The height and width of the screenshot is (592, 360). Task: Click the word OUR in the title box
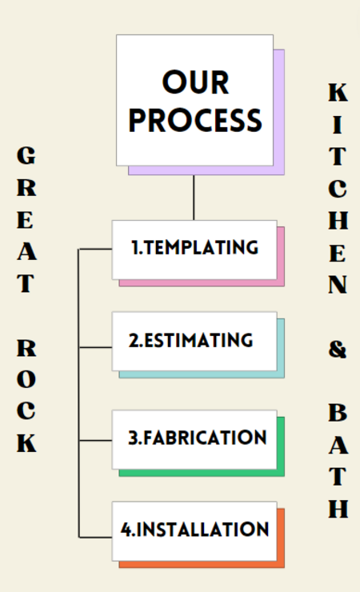(x=195, y=82)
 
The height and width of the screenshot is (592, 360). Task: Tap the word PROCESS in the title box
(x=195, y=121)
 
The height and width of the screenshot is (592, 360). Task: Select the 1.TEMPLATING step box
(x=194, y=250)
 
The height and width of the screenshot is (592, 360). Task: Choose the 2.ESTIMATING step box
(x=194, y=342)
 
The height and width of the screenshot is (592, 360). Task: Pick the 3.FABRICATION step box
(x=194, y=439)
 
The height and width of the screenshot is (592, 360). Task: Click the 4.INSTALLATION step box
(x=194, y=531)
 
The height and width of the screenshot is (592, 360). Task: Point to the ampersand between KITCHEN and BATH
(x=338, y=350)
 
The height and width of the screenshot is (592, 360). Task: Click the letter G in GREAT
(x=26, y=155)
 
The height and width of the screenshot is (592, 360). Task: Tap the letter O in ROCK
(x=26, y=379)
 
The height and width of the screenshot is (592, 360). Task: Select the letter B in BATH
(x=338, y=412)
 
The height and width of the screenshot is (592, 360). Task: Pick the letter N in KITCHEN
(x=338, y=284)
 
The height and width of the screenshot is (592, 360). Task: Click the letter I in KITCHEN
(x=338, y=125)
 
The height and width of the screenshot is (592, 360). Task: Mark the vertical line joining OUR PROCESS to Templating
(x=194, y=198)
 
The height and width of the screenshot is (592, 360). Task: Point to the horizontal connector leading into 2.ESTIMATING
(x=95, y=347)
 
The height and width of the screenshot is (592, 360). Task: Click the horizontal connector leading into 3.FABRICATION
(x=95, y=440)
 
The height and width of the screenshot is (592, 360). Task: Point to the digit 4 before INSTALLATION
(x=126, y=530)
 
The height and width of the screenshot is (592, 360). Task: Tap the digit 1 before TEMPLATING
(x=135, y=247)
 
